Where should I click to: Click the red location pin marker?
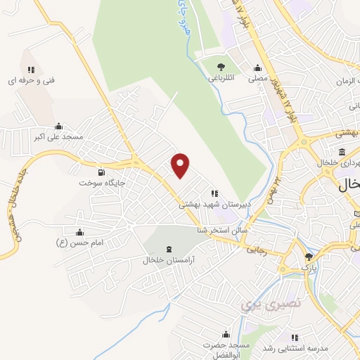coord(181,165)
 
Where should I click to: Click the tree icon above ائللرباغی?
coord(221,68)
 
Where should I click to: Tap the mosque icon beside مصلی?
coord(258,68)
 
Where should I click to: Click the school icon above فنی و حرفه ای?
coord(31,70)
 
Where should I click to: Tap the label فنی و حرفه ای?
coord(31,81)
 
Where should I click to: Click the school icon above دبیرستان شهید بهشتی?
coord(214,193)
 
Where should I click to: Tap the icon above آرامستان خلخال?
coord(168,249)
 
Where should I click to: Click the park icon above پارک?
coord(308,257)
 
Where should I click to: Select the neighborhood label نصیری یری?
coord(260,304)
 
